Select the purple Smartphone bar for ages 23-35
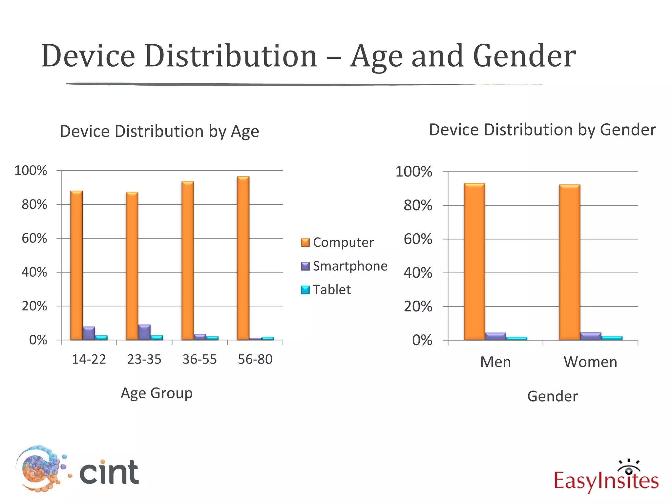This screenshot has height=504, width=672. click(144, 332)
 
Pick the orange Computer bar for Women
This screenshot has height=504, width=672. click(570, 262)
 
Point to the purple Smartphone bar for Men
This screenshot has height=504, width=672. click(495, 336)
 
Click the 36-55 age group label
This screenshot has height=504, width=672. click(199, 359)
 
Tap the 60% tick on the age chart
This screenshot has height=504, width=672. click(34, 238)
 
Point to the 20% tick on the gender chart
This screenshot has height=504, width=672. click(418, 306)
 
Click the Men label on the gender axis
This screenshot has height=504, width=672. click(495, 362)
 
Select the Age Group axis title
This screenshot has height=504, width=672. click(157, 393)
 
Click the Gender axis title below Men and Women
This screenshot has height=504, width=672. click(552, 396)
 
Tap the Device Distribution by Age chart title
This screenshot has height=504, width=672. click(159, 131)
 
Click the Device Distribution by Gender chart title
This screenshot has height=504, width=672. click(542, 130)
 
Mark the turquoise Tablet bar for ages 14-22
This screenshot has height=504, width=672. click(101, 337)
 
